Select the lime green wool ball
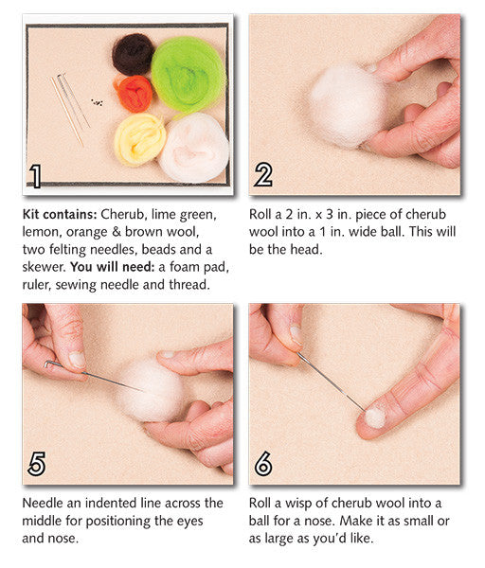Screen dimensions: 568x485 [189, 74]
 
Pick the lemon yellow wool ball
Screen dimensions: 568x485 [140, 138]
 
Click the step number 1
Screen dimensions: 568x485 [36, 176]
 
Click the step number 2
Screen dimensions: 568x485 [264, 176]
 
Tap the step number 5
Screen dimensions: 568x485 [36, 464]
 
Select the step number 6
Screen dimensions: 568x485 [264, 464]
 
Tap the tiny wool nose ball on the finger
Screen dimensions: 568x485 [374, 416]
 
